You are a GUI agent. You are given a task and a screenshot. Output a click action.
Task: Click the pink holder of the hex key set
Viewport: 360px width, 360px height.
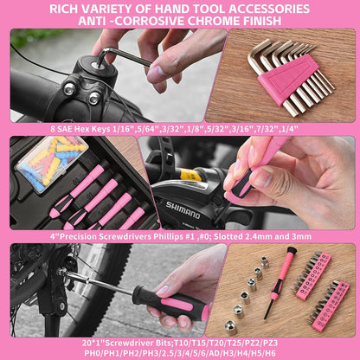click(x=286, y=79)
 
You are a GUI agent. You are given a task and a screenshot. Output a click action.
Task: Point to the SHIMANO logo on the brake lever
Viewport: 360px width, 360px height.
click(x=183, y=210)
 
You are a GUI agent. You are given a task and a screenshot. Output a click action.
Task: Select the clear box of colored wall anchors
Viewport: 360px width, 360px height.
click(x=52, y=164)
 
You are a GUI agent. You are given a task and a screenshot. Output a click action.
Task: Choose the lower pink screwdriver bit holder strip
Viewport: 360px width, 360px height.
click(x=329, y=305)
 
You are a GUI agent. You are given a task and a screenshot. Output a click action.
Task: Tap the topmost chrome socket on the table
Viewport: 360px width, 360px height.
click(x=265, y=261)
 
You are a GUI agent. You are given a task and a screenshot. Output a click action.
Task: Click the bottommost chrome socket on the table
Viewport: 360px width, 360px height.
click(x=231, y=327)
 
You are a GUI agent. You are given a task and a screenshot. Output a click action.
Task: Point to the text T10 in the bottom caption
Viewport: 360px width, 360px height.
click(x=181, y=344)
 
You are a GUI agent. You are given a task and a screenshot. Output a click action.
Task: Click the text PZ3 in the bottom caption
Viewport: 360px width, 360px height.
click(x=270, y=344)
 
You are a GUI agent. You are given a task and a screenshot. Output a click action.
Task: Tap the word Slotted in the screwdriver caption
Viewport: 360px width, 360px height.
click(x=228, y=237)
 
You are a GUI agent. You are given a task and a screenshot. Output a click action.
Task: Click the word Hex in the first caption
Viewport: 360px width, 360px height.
click(x=80, y=129)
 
